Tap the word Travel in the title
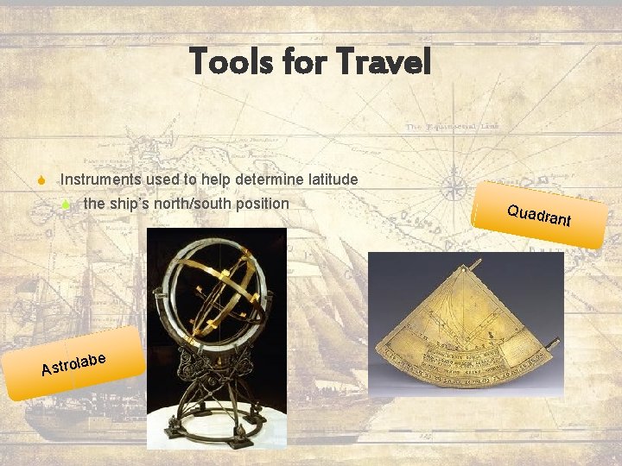(383, 61)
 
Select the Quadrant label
(539, 216)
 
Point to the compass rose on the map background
(454, 184)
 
